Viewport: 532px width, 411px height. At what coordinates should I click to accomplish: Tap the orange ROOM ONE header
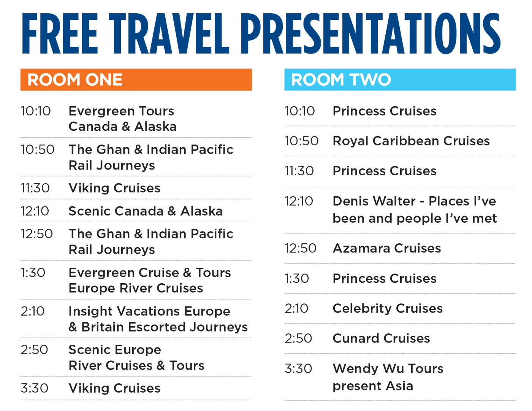(x=136, y=79)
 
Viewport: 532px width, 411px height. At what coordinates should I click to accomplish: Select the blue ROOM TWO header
(x=400, y=79)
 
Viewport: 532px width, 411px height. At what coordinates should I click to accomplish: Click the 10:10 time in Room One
(x=36, y=111)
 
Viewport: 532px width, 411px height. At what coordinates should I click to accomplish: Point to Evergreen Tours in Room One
(x=122, y=111)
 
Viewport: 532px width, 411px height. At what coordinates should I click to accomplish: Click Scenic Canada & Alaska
(x=146, y=211)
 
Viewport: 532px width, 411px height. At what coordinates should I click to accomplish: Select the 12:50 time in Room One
(x=37, y=234)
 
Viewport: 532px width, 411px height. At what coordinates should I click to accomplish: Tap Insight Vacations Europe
(x=149, y=311)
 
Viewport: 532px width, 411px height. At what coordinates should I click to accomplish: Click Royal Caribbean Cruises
(x=411, y=141)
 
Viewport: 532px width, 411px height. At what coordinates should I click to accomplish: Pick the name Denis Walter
(x=374, y=201)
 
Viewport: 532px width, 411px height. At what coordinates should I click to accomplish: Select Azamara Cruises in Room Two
(x=387, y=248)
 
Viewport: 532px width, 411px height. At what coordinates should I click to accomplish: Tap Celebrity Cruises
(x=388, y=308)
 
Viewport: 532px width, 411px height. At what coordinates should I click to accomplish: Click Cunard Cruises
(x=382, y=338)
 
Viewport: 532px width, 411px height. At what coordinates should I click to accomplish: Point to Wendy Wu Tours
(x=388, y=369)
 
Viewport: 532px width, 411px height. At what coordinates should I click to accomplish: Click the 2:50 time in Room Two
(x=298, y=338)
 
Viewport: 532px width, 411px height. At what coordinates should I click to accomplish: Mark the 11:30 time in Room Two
(x=299, y=171)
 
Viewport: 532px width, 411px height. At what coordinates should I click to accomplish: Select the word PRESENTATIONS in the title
(x=370, y=33)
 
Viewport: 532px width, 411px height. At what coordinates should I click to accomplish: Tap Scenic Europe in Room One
(x=115, y=350)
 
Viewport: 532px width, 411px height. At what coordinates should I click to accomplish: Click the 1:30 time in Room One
(x=33, y=273)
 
